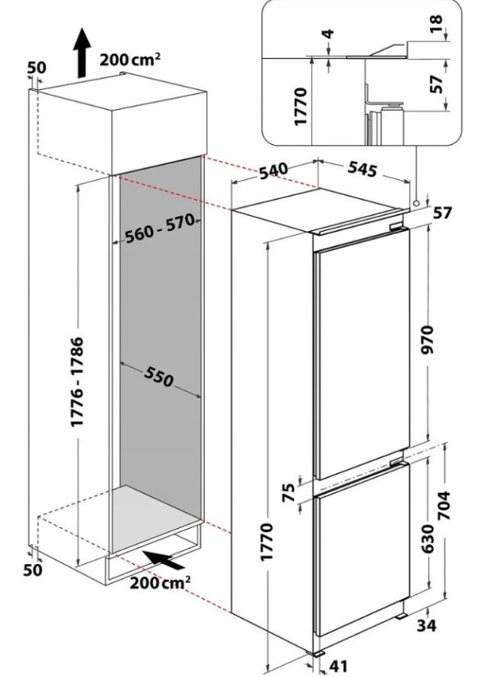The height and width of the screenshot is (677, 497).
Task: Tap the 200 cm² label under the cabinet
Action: (x=160, y=584)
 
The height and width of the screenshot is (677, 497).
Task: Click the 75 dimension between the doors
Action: (x=287, y=493)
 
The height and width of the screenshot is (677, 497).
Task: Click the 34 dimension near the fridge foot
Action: (x=446, y=627)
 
